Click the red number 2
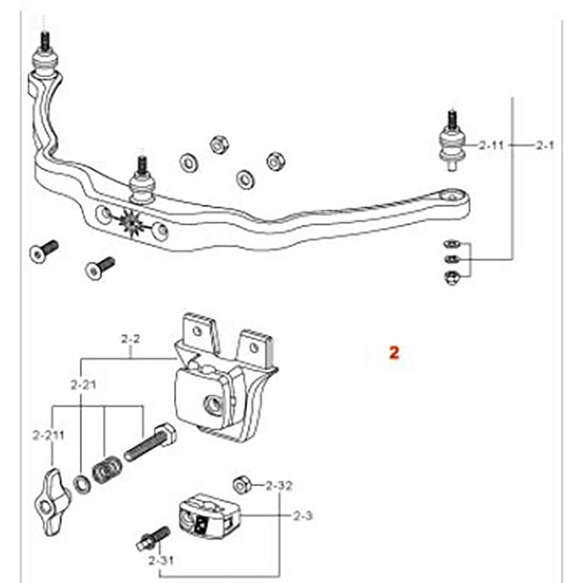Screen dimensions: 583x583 coord(394,352)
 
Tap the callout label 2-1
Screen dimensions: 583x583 coord(545,146)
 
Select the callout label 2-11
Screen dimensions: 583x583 coord(492,146)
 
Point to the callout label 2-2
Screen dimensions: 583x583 coord(131,340)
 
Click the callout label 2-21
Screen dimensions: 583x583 coord(83,385)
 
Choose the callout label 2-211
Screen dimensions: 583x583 coord(49,436)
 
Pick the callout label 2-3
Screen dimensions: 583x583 coord(303,515)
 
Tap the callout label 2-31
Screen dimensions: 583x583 coord(161,552)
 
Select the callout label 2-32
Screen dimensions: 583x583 coord(279,486)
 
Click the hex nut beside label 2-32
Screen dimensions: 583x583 coord(241,486)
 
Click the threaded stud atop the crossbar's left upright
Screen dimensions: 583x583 coord(45,41)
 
